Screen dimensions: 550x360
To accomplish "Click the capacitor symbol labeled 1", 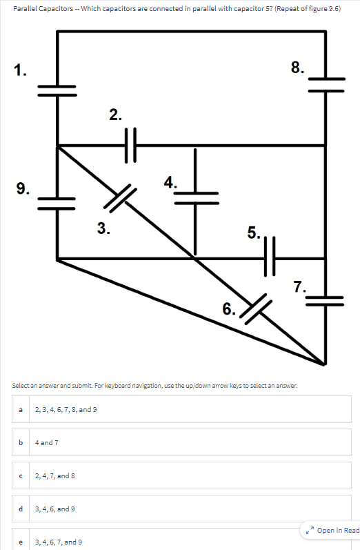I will coord(57,90).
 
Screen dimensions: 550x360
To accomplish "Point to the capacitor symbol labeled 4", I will coord(196,197).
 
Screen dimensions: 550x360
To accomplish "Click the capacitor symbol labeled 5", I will coord(269,257).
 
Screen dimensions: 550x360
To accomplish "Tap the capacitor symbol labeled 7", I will coord(325,298).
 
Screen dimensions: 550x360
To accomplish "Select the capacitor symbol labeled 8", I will coord(325,84).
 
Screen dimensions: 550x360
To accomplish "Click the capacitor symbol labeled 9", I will coord(57,202).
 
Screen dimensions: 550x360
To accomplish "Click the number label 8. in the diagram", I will coord(297,67).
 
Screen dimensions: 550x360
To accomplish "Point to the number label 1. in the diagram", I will coord(21,69).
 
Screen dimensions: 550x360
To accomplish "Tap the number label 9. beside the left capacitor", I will coord(23,188).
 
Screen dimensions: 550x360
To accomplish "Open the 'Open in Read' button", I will coord(333,530).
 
